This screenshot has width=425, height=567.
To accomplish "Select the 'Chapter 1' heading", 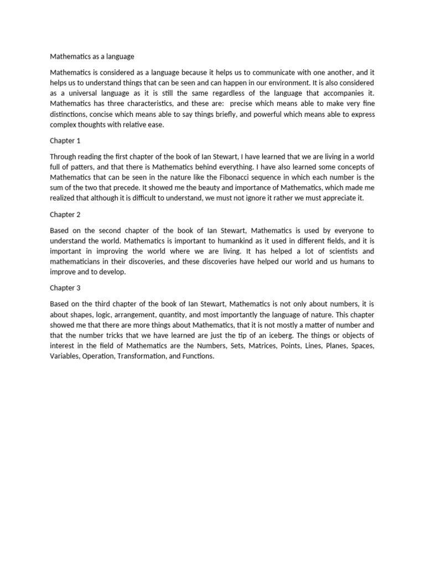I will click(x=65, y=141).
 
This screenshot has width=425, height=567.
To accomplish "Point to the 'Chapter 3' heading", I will click(x=65, y=288).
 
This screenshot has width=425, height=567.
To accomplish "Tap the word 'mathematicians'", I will click(x=76, y=261).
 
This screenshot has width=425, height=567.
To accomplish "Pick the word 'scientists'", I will click(x=336, y=251).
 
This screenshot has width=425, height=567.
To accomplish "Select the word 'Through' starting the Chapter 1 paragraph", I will click(x=63, y=156).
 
